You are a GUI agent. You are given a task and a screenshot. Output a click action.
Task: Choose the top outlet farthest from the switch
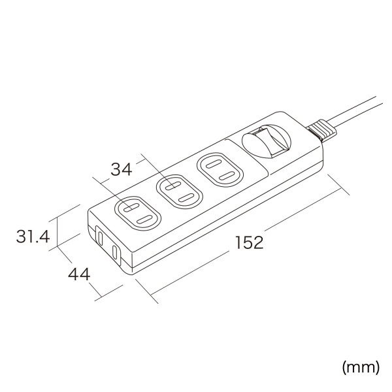click(137, 212)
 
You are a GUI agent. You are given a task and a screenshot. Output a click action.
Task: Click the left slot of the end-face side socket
click(100, 238)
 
